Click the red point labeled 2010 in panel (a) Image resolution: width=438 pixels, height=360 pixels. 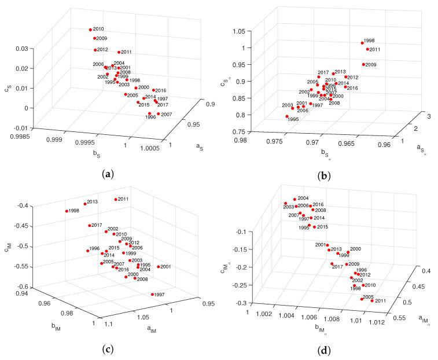point(90,30)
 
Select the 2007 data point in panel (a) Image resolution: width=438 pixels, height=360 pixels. point(158,114)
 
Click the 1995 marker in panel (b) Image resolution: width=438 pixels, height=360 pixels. point(287,116)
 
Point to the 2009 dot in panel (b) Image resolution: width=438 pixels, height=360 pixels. point(363,64)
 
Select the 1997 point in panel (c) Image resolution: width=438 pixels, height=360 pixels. point(152,295)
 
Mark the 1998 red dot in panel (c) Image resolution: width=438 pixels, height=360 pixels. point(67,211)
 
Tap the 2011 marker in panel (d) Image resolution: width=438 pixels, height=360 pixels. point(372,301)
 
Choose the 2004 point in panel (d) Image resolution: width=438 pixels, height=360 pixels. point(295,199)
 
